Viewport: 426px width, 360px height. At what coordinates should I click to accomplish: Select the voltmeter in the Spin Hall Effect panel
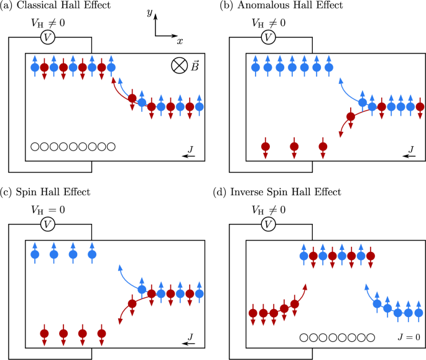pyautogui.click(x=48, y=223)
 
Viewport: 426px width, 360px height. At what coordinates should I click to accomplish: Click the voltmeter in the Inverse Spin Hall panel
pyautogui.click(x=268, y=223)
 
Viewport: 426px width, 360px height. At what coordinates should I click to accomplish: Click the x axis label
pyautogui.click(x=179, y=41)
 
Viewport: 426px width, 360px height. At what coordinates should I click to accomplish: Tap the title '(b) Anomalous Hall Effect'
pyautogui.click(x=276, y=6)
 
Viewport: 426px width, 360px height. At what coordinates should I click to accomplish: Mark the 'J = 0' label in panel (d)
pyautogui.click(x=409, y=337)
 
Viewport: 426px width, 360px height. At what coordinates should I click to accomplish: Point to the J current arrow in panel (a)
pyautogui.click(x=190, y=157)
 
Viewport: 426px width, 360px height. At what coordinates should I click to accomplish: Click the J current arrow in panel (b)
pyautogui.click(x=410, y=157)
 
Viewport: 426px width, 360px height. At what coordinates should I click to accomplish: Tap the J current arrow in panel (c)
pyautogui.click(x=190, y=342)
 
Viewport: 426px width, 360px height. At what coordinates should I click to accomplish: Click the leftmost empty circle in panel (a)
pyautogui.click(x=35, y=147)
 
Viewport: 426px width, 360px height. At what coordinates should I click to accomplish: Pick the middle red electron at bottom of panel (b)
pyautogui.click(x=294, y=147)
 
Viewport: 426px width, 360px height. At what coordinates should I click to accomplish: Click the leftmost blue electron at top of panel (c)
pyautogui.click(x=35, y=254)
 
